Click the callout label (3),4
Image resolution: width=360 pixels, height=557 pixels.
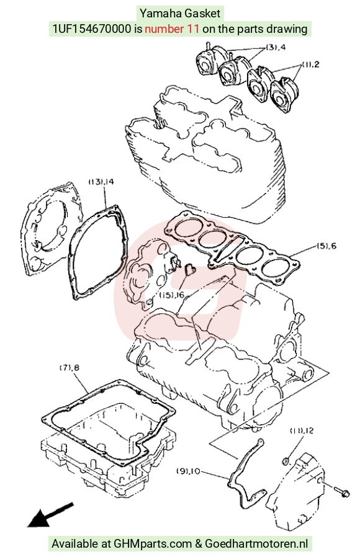click(276, 47)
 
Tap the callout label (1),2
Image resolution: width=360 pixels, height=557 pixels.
click(310, 65)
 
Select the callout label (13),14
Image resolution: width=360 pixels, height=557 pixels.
click(101, 182)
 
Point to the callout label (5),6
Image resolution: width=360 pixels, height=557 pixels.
click(326, 246)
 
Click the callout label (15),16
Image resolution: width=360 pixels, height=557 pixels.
click(172, 295)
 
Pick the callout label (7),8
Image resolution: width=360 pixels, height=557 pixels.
click(69, 368)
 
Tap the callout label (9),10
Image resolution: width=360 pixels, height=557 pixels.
click(188, 471)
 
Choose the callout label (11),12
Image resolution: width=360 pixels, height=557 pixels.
click(302, 430)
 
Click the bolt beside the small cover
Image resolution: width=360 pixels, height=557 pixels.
click(342, 492)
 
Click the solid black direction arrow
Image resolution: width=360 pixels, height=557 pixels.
click(50, 515)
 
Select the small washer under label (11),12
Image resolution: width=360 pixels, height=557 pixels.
click(286, 461)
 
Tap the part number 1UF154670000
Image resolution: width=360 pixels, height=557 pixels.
click(92, 29)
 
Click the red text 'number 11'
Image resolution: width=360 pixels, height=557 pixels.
click(172, 29)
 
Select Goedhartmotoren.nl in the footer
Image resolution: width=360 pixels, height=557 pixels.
click(256, 543)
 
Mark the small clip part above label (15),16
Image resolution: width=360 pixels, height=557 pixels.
click(189, 269)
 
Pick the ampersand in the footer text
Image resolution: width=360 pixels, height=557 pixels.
click(198, 543)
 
